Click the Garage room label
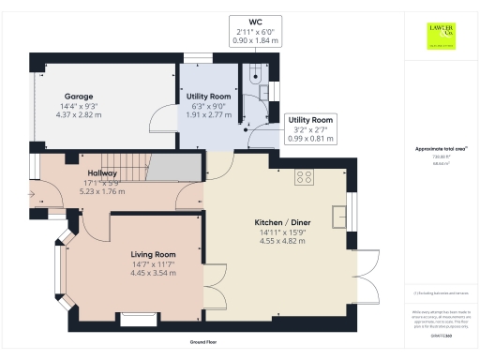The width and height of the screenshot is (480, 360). click(76, 97)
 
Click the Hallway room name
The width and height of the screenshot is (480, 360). click(103, 173)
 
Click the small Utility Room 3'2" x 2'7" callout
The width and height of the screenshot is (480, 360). click(310, 129)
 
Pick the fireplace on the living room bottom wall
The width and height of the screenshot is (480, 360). click(140, 318)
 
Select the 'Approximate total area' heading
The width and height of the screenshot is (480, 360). click(441, 149)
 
